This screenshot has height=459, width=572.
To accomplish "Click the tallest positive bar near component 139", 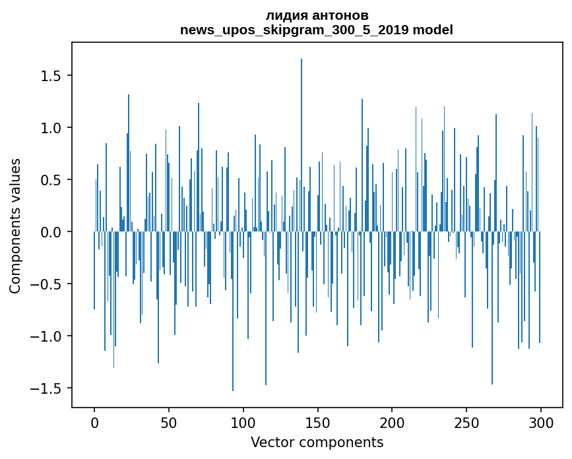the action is point(302,145).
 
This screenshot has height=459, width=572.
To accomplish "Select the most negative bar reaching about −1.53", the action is point(233,311).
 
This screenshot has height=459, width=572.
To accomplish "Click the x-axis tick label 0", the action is point(94,423).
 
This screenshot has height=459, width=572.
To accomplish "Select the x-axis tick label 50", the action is point(168,423).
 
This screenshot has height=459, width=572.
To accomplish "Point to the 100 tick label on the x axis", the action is point(243,423).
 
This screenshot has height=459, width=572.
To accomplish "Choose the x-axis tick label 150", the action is point(317,423).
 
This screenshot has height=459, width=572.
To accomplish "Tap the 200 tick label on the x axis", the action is point(392,423).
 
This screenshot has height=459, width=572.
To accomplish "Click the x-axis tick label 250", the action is point(466,423).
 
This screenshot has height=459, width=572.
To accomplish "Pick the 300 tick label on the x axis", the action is point(540,423).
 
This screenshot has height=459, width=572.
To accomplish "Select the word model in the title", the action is point(433,30).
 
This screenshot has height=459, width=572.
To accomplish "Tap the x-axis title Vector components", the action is point(317,443).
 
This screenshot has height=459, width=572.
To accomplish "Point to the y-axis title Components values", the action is point(15,226).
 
